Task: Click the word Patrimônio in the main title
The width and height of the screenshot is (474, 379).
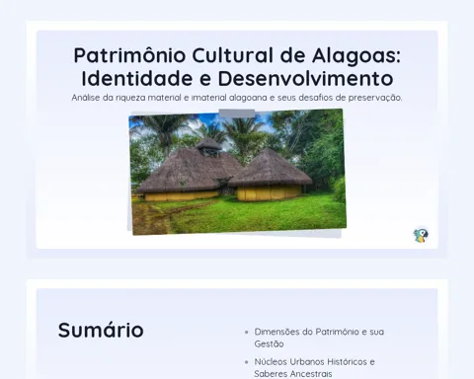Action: [129, 55]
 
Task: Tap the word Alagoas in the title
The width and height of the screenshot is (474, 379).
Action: [356, 55]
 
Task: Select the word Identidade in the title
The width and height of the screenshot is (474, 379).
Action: [137, 79]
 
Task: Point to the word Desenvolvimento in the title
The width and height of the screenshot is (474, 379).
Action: [305, 79]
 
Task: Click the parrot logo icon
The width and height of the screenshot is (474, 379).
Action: [421, 235]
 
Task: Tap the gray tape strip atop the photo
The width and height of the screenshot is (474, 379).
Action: [237, 113]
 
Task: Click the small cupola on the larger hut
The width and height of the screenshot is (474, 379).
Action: [208, 147]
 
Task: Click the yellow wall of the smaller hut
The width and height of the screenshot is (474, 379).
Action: [270, 192]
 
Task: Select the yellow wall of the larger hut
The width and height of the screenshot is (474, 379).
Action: [182, 195]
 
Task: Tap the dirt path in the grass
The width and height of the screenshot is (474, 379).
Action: [152, 218]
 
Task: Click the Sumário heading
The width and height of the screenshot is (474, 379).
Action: [101, 330]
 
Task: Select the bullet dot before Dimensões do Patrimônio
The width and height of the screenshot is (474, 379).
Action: [247, 333]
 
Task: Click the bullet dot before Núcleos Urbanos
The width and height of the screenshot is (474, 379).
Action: [247, 362]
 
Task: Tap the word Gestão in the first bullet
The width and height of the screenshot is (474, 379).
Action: [269, 343]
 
